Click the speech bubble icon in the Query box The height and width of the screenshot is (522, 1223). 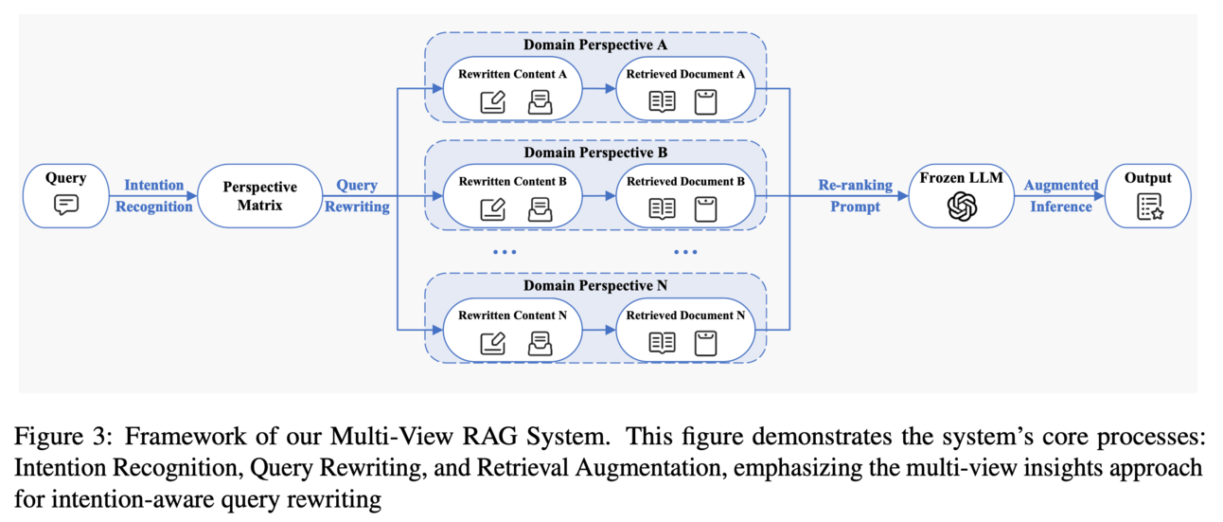65,204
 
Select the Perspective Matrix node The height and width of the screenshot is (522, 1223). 259,195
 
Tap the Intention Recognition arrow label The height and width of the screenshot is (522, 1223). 154,195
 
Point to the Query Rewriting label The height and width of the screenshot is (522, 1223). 357,195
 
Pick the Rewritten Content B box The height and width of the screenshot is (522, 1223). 512,195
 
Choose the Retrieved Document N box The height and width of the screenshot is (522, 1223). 686,329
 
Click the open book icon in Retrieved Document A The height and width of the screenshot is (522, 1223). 662,101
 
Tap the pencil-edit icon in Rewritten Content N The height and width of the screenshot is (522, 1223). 492,342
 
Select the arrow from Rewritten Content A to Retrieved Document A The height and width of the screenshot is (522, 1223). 597,88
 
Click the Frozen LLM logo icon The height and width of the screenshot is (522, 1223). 962,206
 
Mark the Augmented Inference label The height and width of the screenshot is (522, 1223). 1061,195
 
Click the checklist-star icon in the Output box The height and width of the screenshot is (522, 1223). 1149,206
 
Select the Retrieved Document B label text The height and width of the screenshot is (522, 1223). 685,181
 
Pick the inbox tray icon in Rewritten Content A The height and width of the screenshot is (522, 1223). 540,101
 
